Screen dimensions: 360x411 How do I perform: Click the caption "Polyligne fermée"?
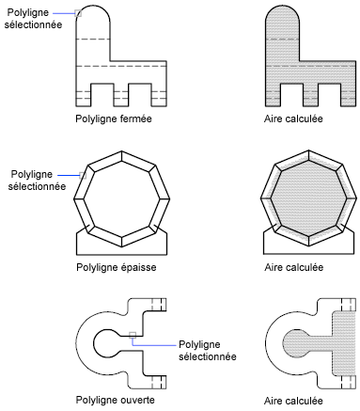pos(114,119)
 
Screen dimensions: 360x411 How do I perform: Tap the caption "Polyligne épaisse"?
pos(117,267)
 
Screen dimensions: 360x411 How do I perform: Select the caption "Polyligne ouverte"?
pos(115,401)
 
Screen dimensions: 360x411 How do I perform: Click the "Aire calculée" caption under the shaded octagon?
pos(293,267)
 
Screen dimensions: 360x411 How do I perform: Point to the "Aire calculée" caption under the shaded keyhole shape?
pos(293,401)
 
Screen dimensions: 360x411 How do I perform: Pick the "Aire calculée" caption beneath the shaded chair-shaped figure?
pos(293,119)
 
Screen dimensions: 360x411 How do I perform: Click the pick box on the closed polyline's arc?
pos(78,13)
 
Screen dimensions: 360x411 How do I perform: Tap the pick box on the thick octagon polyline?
pos(83,175)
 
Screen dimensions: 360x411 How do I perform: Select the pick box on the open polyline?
pos(133,335)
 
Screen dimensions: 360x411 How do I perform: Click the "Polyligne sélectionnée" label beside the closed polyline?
pos(33,19)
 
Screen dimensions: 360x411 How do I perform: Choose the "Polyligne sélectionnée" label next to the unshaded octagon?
pos(37,181)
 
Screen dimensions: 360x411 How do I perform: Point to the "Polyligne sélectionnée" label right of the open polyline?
pos(208,351)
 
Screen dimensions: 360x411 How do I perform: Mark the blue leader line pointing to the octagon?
pos(69,175)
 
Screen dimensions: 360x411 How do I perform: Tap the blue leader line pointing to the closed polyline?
pos(64,13)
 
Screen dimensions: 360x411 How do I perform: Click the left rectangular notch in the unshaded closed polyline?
pos(102,95)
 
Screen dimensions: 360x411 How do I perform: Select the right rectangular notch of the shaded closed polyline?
pos(329,95)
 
